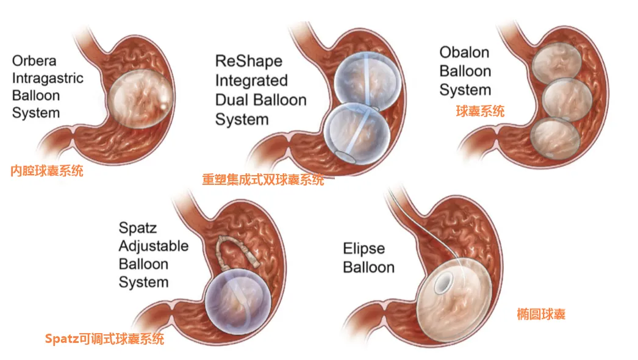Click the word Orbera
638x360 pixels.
pos(35,61)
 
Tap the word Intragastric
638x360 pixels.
pos(48,78)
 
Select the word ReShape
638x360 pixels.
pos(249,61)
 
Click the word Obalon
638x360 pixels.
pos(465,52)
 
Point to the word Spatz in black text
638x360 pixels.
pos(138,228)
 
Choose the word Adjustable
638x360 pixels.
pos(153,247)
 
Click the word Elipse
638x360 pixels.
pos(364,249)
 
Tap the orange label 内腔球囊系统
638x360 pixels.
pos(47,171)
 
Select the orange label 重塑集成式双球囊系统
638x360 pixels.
pos(263,180)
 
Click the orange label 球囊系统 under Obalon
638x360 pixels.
pos(481,111)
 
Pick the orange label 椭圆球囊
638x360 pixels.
pos(540,315)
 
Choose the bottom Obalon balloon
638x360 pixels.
pos(554,139)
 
